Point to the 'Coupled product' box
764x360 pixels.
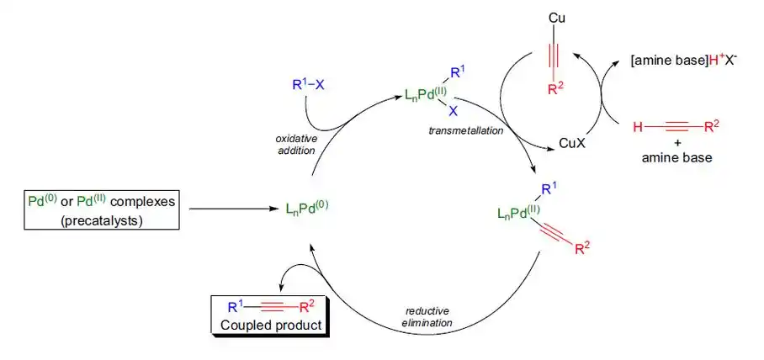click(x=268, y=315)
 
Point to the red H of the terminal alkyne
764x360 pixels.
click(x=638, y=127)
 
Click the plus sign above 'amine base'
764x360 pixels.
click(x=676, y=143)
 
